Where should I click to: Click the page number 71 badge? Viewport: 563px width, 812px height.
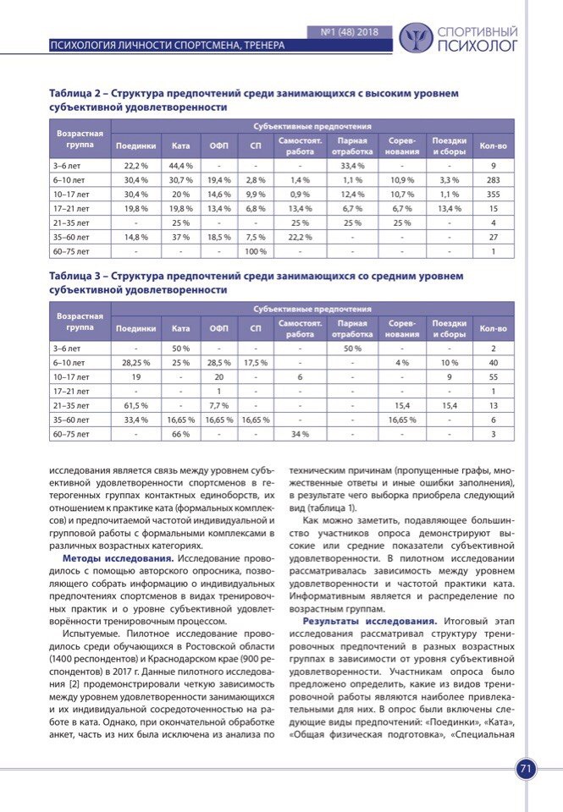click(525, 768)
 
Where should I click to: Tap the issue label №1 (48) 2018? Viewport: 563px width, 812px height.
click(350, 32)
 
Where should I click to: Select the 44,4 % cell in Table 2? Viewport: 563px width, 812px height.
click(180, 166)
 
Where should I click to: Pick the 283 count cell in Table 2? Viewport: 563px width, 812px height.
click(494, 180)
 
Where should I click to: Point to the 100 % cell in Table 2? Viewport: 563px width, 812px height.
click(256, 251)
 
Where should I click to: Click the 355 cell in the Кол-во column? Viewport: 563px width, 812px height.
click(494, 195)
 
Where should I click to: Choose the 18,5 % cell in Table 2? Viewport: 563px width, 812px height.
click(219, 237)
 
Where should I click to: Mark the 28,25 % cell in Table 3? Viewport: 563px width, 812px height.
click(136, 362)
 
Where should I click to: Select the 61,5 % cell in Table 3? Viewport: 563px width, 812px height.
click(136, 405)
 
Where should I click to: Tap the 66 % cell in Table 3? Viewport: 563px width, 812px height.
click(180, 434)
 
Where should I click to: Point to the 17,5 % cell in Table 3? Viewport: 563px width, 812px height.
click(256, 362)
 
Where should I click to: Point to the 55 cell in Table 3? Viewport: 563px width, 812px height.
click(494, 376)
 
